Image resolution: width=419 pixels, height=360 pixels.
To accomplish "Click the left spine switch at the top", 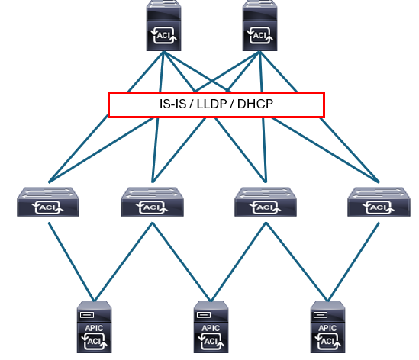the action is click(163, 25).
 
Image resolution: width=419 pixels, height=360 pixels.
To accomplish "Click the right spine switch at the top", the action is click(259, 25).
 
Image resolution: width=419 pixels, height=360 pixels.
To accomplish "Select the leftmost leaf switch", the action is click(48, 201).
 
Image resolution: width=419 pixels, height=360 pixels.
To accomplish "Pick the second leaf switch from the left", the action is click(152, 201).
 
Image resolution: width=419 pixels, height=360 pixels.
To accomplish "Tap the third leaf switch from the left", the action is click(266, 201).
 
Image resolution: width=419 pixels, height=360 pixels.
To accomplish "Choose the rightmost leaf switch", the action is click(379, 201).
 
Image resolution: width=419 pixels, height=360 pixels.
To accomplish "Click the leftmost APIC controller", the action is click(95, 327).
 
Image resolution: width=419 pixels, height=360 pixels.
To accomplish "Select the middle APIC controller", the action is click(211, 327).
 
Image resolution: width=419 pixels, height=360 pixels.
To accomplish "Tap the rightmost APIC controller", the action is click(328, 327).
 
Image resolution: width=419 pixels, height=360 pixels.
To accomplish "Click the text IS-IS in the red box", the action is click(173, 104).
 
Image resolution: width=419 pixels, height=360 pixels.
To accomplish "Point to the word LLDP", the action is click(212, 104).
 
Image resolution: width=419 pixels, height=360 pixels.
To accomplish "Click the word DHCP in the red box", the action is click(255, 104).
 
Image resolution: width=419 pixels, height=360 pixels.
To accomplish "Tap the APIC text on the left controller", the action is click(94, 328).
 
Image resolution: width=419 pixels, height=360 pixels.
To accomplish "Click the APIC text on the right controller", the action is click(327, 328).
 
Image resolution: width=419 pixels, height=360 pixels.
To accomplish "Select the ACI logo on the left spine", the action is click(163, 36).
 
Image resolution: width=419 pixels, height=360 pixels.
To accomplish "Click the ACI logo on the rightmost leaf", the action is click(379, 207).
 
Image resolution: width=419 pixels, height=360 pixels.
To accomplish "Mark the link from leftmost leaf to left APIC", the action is click(71, 262).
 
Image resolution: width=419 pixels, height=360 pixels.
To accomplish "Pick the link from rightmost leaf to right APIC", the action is click(353, 262).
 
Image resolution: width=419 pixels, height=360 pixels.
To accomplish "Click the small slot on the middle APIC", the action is click(204, 315).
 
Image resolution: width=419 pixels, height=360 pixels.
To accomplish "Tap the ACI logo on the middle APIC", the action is click(211, 341).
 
